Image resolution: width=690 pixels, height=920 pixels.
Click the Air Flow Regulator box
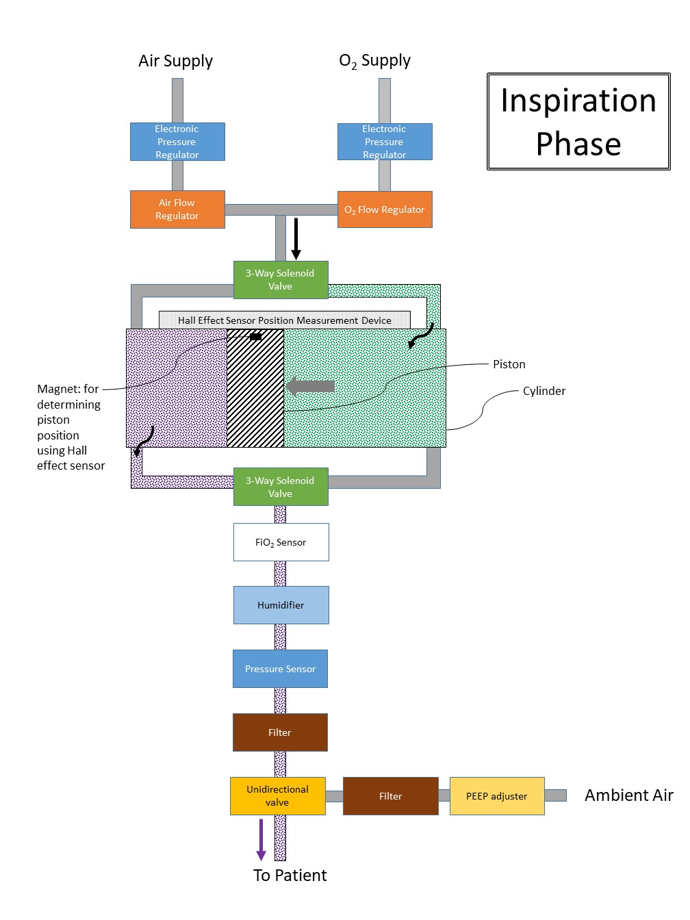tap(177, 209)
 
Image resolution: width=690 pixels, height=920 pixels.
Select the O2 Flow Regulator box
tap(385, 209)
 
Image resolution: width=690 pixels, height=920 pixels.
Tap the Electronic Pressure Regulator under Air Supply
tap(177, 142)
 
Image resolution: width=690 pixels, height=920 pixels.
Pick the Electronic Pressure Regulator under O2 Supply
tap(385, 142)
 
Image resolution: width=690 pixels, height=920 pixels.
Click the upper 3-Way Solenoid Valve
tap(281, 280)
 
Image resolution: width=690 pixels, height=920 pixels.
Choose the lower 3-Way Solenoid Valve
tap(281, 487)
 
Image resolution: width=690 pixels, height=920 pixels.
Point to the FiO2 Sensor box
tap(281, 542)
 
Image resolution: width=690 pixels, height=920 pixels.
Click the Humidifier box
tap(281, 605)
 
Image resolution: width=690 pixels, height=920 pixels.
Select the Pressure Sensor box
tap(281, 669)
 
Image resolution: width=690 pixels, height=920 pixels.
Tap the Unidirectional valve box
tap(277, 796)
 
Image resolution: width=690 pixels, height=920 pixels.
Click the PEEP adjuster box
tap(497, 796)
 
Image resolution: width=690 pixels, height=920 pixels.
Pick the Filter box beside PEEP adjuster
tap(390, 796)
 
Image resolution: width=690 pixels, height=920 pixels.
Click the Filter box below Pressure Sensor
tap(280, 732)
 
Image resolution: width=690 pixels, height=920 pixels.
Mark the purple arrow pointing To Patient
tap(261, 839)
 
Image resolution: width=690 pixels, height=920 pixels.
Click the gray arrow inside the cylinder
tap(311, 386)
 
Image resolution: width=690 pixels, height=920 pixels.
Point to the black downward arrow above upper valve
tap(296, 239)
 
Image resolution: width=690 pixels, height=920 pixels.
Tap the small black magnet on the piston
tap(255, 337)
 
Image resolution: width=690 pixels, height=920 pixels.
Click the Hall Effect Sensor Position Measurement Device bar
tap(285, 320)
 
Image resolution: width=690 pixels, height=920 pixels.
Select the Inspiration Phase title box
tap(578, 122)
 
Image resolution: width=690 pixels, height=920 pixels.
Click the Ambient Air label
tap(628, 795)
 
